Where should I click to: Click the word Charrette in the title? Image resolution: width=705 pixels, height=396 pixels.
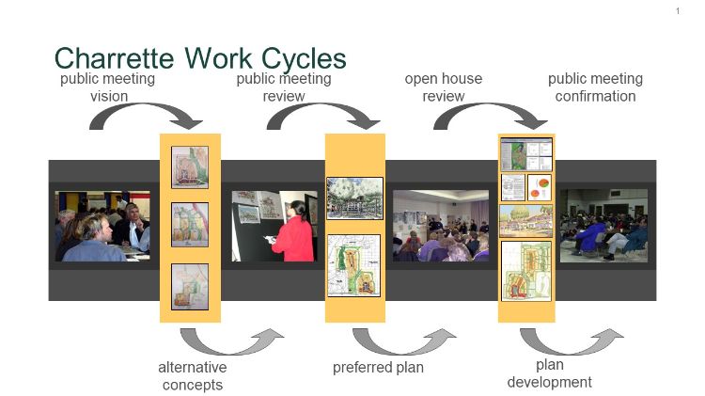coord(115,58)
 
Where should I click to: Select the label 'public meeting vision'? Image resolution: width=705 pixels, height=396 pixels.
coord(108,87)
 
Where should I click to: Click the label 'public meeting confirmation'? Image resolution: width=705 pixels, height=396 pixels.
coord(595,87)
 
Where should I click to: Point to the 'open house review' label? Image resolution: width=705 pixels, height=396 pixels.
coord(444,87)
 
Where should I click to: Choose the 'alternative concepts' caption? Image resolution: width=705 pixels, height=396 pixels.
coord(194,375)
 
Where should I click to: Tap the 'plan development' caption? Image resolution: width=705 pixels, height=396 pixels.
coord(550,372)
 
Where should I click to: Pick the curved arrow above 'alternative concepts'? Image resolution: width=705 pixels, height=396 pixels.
coord(230,341)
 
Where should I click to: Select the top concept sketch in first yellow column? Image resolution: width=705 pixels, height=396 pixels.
coord(190,166)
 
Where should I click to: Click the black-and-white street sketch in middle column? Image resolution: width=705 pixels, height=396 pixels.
coord(354,198)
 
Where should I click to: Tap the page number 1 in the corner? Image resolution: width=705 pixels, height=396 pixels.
coord(677,11)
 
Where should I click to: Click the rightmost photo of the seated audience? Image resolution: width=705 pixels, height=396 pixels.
coord(603,225)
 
